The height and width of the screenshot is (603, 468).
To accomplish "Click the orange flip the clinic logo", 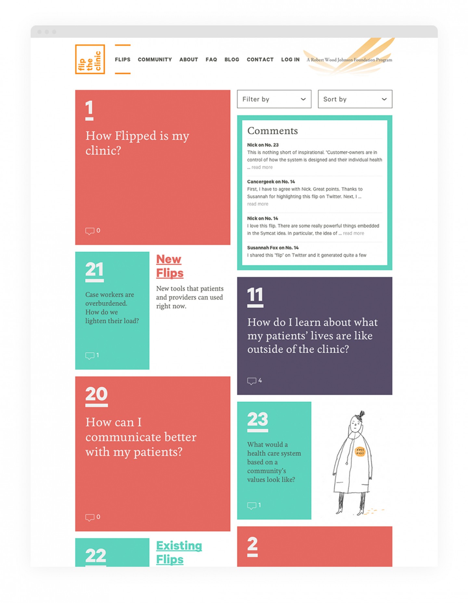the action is pyautogui.click(x=90, y=59).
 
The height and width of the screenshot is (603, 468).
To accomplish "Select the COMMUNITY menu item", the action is pyautogui.click(x=155, y=60).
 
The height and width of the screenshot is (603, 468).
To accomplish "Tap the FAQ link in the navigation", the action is pyautogui.click(x=211, y=60).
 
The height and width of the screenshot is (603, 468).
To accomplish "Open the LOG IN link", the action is pyautogui.click(x=290, y=60).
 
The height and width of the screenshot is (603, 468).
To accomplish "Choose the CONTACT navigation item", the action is pyautogui.click(x=260, y=60).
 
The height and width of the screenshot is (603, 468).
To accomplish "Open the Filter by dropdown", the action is pyautogui.click(x=274, y=99).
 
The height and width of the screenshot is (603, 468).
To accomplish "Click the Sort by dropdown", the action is pyautogui.click(x=355, y=99).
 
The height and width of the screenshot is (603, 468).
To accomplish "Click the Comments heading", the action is pyautogui.click(x=272, y=130).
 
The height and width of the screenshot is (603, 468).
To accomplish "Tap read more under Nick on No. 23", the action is pyautogui.click(x=262, y=167).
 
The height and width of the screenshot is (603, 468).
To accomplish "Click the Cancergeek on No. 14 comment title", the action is pyautogui.click(x=271, y=182).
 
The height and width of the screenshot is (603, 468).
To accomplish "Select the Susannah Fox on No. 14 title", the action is pyautogui.click(x=273, y=248).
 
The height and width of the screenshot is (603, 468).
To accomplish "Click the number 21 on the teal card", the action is pyautogui.click(x=94, y=269).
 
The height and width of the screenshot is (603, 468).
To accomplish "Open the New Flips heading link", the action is pyautogui.click(x=170, y=266).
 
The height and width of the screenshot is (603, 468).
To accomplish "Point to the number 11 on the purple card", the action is pyautogui.click(x=255, y=295).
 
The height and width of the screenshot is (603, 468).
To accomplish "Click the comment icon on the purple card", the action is pyautogui.click(x=252, y=381).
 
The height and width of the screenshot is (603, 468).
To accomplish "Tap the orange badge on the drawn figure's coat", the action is pyautogui.click(x=360, y=451).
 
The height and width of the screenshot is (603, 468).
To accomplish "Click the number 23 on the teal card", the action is pyautogui.click(x=258, y=419).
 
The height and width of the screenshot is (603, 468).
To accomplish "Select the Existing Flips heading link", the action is pyautogui.click(x=179, y=552).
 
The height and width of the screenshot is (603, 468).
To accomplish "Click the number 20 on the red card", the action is pyautogui.click(x=97, y=394).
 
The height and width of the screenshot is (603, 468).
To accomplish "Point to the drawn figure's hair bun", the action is pyautogui.click(x=361, y=414).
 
